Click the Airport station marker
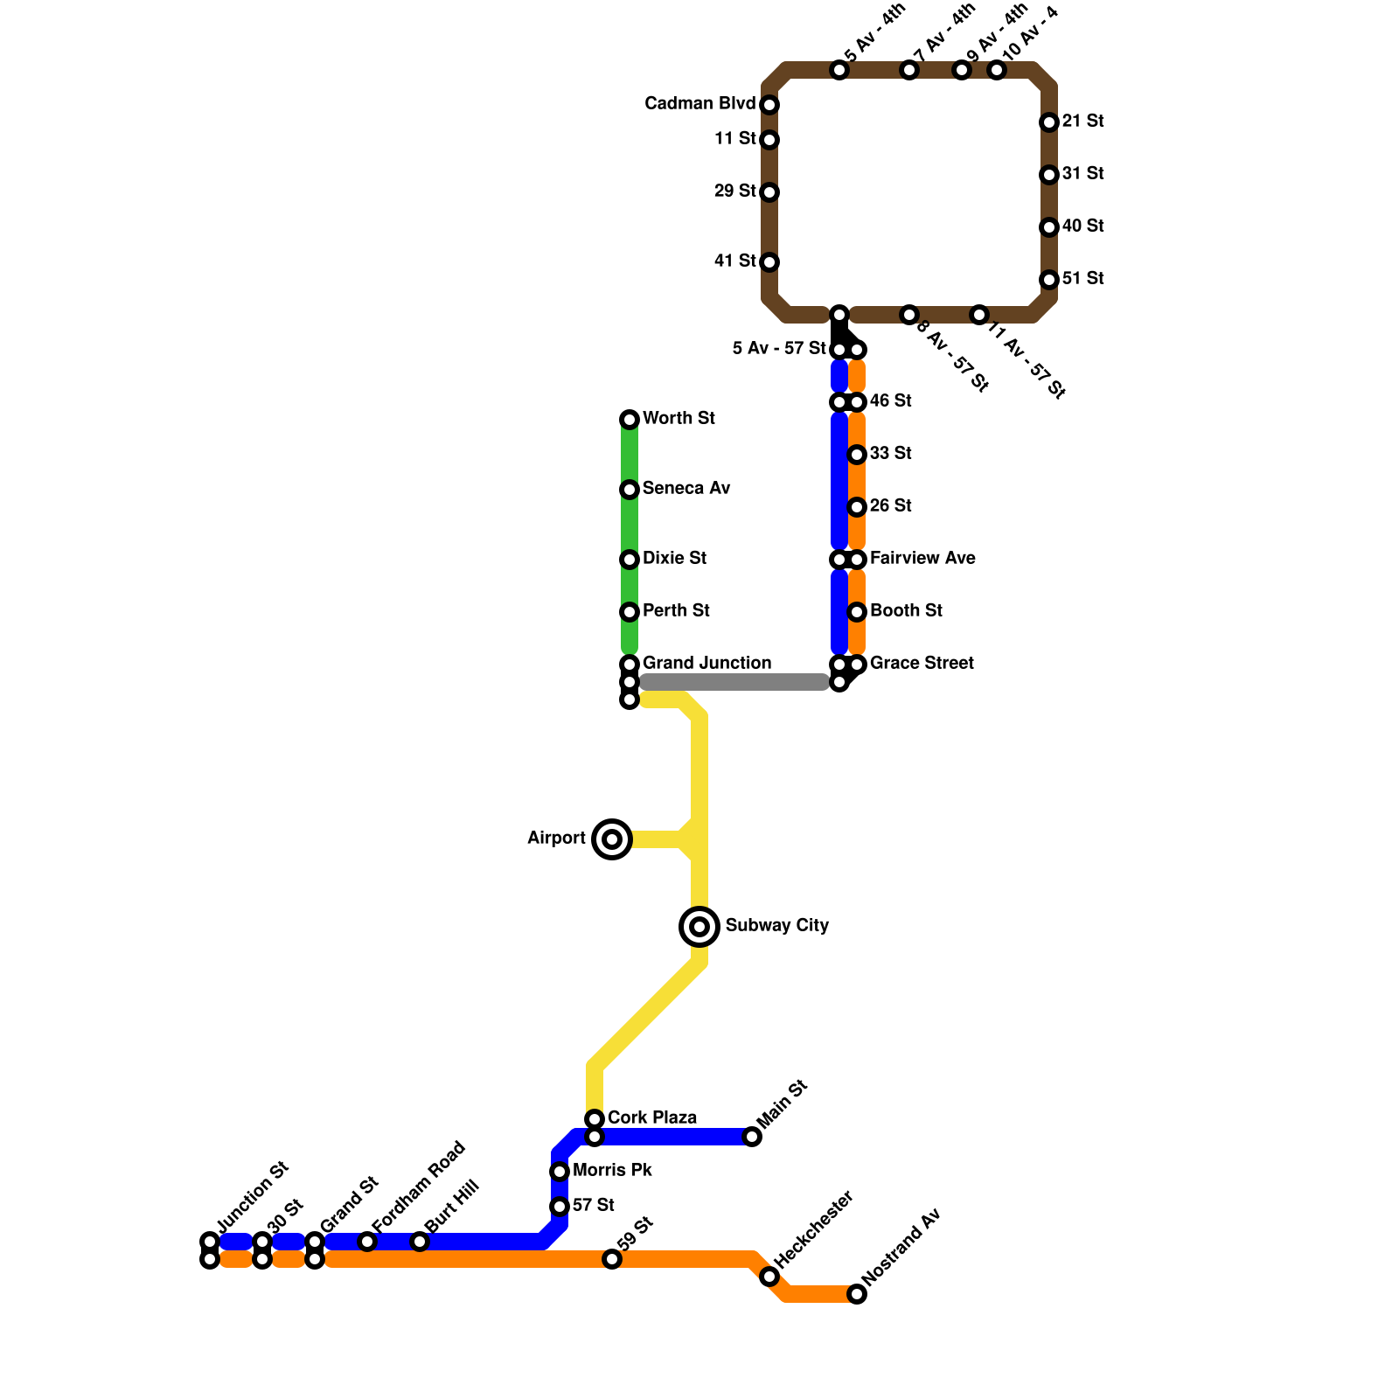click(x=612, y=839)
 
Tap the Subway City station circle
click(x=699, y=927)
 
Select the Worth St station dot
click(x=630, y=420)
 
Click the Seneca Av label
click(x=686, y=489)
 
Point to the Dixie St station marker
click(x=630, y=560)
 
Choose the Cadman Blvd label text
click(x=699, y=104)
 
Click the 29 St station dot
click(x=769, y=192)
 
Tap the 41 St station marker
click(x=769, y=262)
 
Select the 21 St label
click(x=1082, y=122)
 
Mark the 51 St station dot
click(x=1049, y=280)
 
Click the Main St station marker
click(x=752, y=1137)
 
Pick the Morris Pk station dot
click(x=560, y=1172)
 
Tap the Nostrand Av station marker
click(x=857, y=1294)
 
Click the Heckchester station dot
click(x=769, y=1277)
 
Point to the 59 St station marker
click(x=612, y=1259)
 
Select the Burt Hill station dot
click(x=420, y=1242)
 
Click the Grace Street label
click(x=921, y=664)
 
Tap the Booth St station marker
click(x=857, y=612)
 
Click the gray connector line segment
click(x=734, y=682)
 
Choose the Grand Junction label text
click(x=706, y=664)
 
